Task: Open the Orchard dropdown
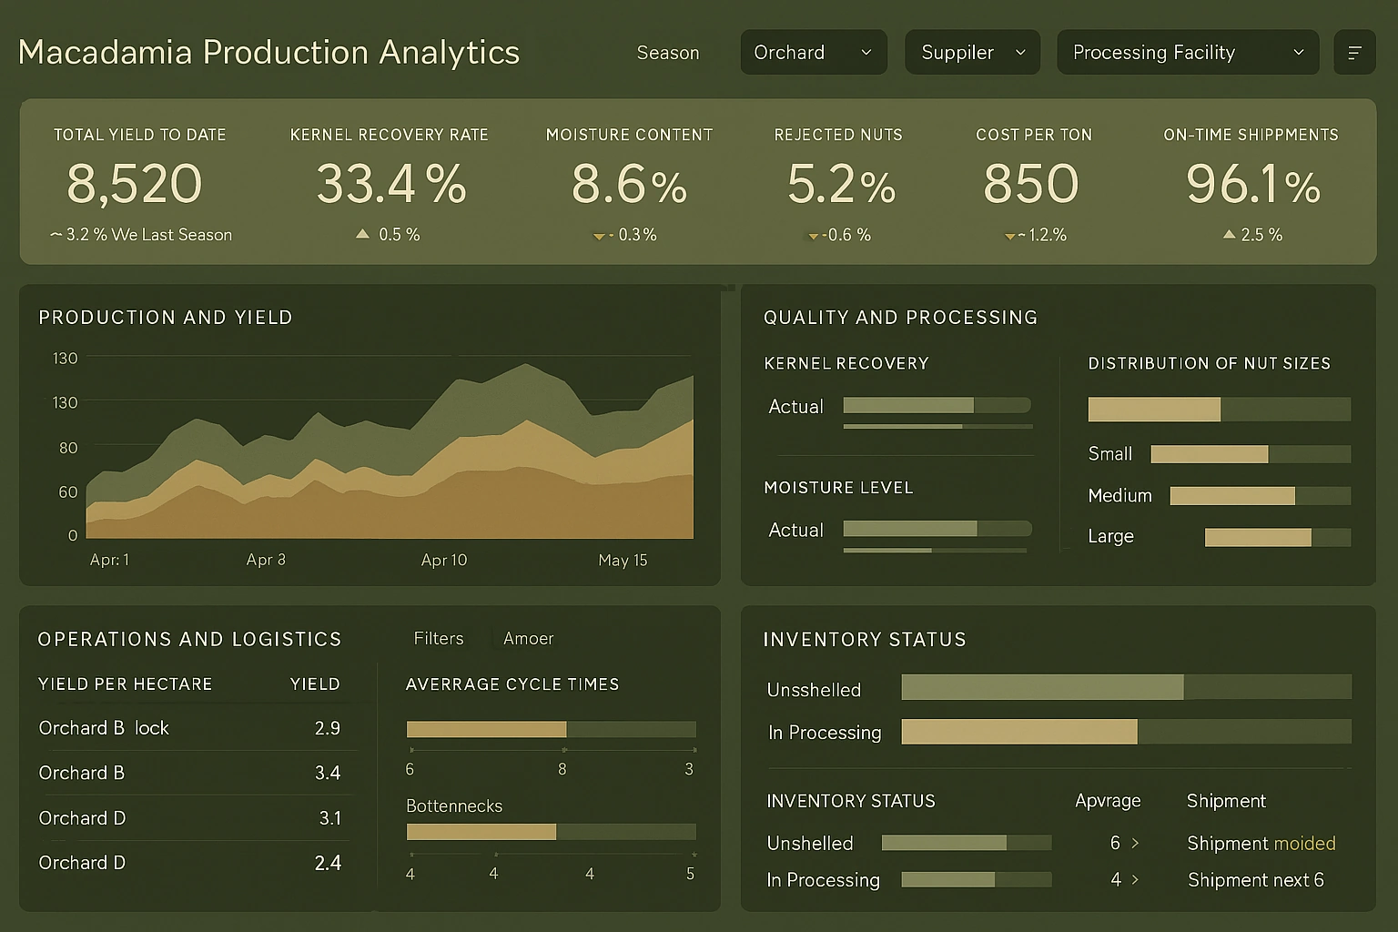coord(812,53)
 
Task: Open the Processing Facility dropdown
coord(1187,53)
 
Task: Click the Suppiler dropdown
coord(971,53)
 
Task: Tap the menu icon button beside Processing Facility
coord(1353,53)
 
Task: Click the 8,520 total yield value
coord(135,184)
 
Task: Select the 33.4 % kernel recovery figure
coord(390,184)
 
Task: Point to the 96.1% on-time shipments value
coord(1252,185)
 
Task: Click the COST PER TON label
coord(1033,135)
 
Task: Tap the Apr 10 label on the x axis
coord(443,561)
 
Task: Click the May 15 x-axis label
coord(623,561)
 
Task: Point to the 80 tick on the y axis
coord(68,448)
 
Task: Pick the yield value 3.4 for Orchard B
coord(327,773)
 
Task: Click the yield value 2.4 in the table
coord(327,863)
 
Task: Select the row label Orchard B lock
coord(104,728)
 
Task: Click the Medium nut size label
coord(1119,496)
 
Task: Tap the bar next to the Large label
coord(1276,537)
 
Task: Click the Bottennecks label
coord(454,806)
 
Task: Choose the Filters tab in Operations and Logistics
coord(439,639)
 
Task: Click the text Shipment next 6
coord(1255,880)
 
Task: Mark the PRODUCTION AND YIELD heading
coord(166,318)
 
